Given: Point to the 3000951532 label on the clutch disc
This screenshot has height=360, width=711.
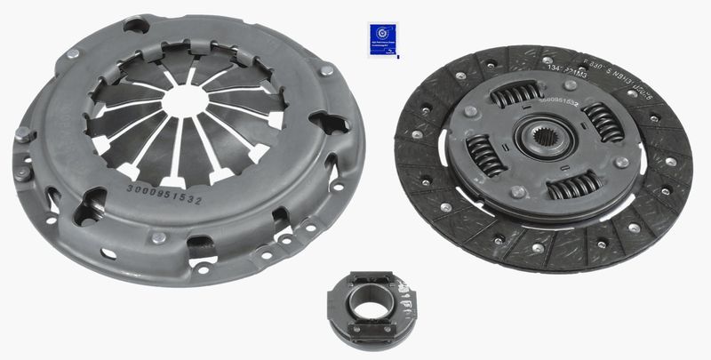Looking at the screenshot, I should click(x=558, y=104).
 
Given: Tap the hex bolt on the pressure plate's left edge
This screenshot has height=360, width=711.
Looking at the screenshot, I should click(x=23, y=135).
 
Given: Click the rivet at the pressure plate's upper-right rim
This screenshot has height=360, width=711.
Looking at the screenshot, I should click(x=327, y=68).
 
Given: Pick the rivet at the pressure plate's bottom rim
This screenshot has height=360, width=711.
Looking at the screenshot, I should click(x=158, y=237).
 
